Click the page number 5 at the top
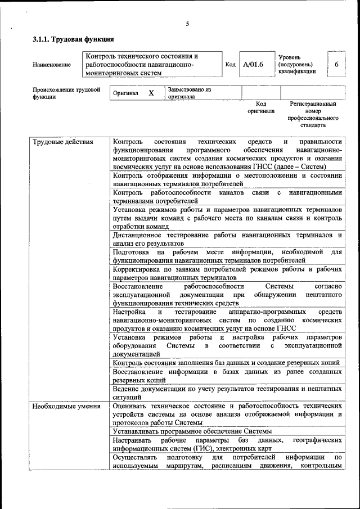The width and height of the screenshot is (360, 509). coord(187,23)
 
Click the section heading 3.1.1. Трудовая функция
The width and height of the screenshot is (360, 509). coord(73,39)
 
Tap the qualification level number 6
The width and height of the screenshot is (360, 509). coord(336,65)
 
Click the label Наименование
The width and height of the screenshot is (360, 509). coord(52,65)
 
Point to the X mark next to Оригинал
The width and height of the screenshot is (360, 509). coord(151,93)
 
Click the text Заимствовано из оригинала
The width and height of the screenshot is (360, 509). coord(188,93)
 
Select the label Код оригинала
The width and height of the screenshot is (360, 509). coord(261,107)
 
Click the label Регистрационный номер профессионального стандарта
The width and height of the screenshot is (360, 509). coord(313,115)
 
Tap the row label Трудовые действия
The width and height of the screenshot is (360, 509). coord(63,142)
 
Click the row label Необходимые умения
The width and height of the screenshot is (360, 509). coord(66,406)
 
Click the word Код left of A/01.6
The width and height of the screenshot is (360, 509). coord(230,65)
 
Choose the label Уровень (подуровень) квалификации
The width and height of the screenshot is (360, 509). coord(298,65)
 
